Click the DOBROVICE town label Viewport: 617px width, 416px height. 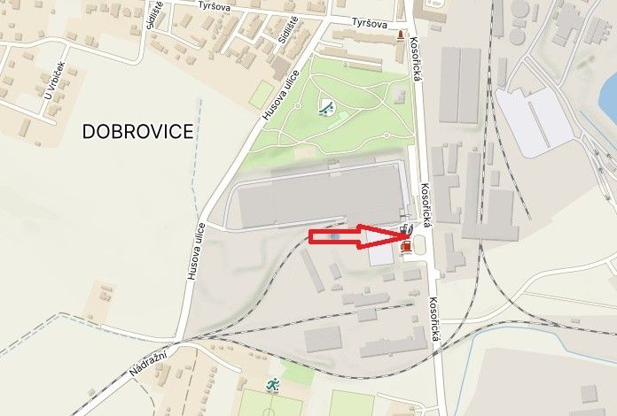click(137, 132)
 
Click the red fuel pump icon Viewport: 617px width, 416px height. click(406, 246)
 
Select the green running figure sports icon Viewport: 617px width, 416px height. click(273, 386)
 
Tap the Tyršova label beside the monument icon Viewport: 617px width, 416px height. click(370, 24)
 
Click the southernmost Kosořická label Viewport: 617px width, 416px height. click(433, 320)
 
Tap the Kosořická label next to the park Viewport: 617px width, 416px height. click(418, 78)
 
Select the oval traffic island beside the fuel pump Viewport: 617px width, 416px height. click(417, 243)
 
